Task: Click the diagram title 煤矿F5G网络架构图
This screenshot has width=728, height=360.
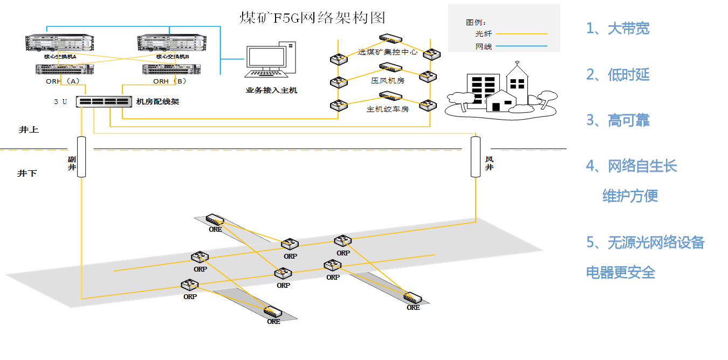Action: [x=312, y=18]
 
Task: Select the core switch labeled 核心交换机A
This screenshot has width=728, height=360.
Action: [x=60, y=43]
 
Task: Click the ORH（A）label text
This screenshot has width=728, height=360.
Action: [x=63, y=81]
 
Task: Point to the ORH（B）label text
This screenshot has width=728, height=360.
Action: [x=169, y=81]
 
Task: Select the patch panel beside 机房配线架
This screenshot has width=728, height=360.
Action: [x=104, y=102]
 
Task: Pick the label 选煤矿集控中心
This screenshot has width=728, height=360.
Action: [x=387, y=53]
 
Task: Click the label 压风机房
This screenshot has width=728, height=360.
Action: [x=387, y=80]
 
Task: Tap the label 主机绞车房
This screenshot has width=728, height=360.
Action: [x=387, y=109]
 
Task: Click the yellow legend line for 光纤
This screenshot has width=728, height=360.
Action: [x=521, y=34]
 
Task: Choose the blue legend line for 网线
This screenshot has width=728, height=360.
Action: [x=521, y=47]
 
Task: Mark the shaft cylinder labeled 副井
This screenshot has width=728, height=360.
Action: [x=81, y=157]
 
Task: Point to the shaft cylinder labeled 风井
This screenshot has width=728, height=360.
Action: [x=476, y=157]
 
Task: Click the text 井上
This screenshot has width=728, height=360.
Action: [x=29, y=130]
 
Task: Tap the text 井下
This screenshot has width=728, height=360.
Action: [x=27, y=174]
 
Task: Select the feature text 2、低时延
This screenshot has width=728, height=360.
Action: [x=618, y=75]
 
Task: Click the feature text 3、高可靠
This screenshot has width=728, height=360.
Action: [x=618, y=121]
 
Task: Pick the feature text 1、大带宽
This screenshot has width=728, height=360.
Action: [x=618, y=29]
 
